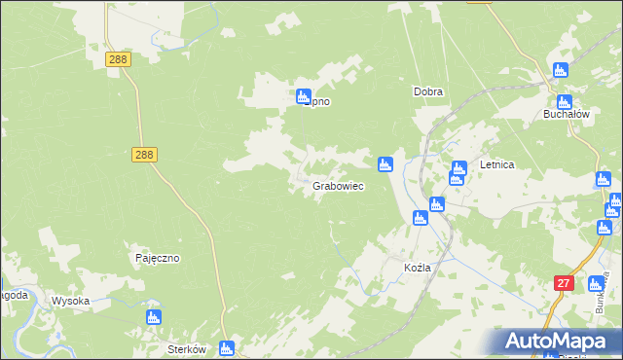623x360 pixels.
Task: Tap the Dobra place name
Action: pyautogui.click(x=428, y=92)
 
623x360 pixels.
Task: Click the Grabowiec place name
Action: pyautogui.click(x=339, y=185)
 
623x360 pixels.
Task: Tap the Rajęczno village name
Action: pyautogui.click(x=157, y=259)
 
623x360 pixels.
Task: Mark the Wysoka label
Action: pyautogui.click(x=70, y=301)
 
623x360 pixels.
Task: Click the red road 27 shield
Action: pyautogui.click(x=564, y=283)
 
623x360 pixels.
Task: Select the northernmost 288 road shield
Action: pyautogui.click(x=118, y=59)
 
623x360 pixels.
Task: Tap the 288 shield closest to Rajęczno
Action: pyautogui.click(x=144, y=154)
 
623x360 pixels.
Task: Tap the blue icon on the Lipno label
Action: pyautogui.click(x=303, y=96)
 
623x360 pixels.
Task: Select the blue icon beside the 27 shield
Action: pyautogui.click(x=594, y=284)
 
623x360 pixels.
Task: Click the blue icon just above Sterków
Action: pyautogui.click(x=227, y=347)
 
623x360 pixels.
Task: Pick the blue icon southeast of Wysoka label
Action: pyautogui.click(x=153, y=316)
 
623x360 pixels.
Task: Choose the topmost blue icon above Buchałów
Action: pyautogui.click(x=560, y=70)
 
